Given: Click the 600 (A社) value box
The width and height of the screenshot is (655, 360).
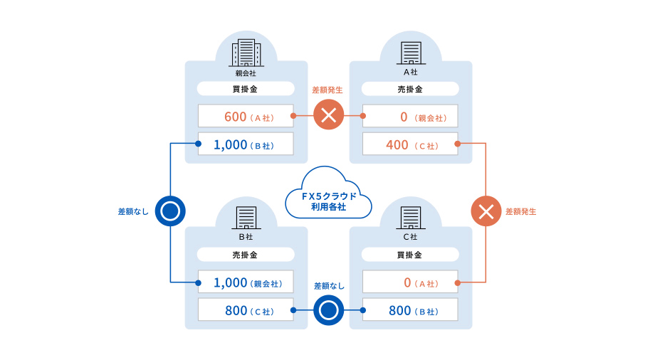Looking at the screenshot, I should (x=246, y=116).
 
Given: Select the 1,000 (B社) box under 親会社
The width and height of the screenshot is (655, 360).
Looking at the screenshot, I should (x=246, y=145).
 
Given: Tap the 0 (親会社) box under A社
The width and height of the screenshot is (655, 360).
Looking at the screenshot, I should (x=410, y=116).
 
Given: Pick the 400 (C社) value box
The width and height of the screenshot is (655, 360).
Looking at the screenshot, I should (x=410, y=145).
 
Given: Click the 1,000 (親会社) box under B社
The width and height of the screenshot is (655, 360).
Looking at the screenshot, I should (x=246, y=282).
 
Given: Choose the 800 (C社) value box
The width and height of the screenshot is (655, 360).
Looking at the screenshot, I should (x=246, y=310).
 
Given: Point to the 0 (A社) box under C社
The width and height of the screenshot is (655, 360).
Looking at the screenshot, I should (x=410, y=282).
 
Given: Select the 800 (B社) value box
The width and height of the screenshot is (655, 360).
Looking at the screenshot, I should (x=410, y=310).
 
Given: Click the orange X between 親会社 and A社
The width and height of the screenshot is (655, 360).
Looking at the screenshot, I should (x=328, y=115).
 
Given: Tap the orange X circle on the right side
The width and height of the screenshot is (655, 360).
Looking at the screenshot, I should (x=486, y=211).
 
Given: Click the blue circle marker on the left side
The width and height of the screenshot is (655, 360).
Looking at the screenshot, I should (x=170, y=211).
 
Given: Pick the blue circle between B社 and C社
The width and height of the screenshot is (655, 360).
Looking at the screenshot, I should (x=328, y=310).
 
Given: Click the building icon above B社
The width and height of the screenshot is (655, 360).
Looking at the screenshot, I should (x=246, y=218).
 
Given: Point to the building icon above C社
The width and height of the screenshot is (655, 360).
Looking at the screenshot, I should (x=411, y=218).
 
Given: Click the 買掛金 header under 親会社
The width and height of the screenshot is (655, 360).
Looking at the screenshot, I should (x=246, y=89).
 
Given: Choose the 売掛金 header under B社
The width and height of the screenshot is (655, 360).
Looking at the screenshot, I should (x=246, y=255).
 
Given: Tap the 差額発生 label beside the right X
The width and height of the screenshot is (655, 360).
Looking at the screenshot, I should (x=521, y=211).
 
